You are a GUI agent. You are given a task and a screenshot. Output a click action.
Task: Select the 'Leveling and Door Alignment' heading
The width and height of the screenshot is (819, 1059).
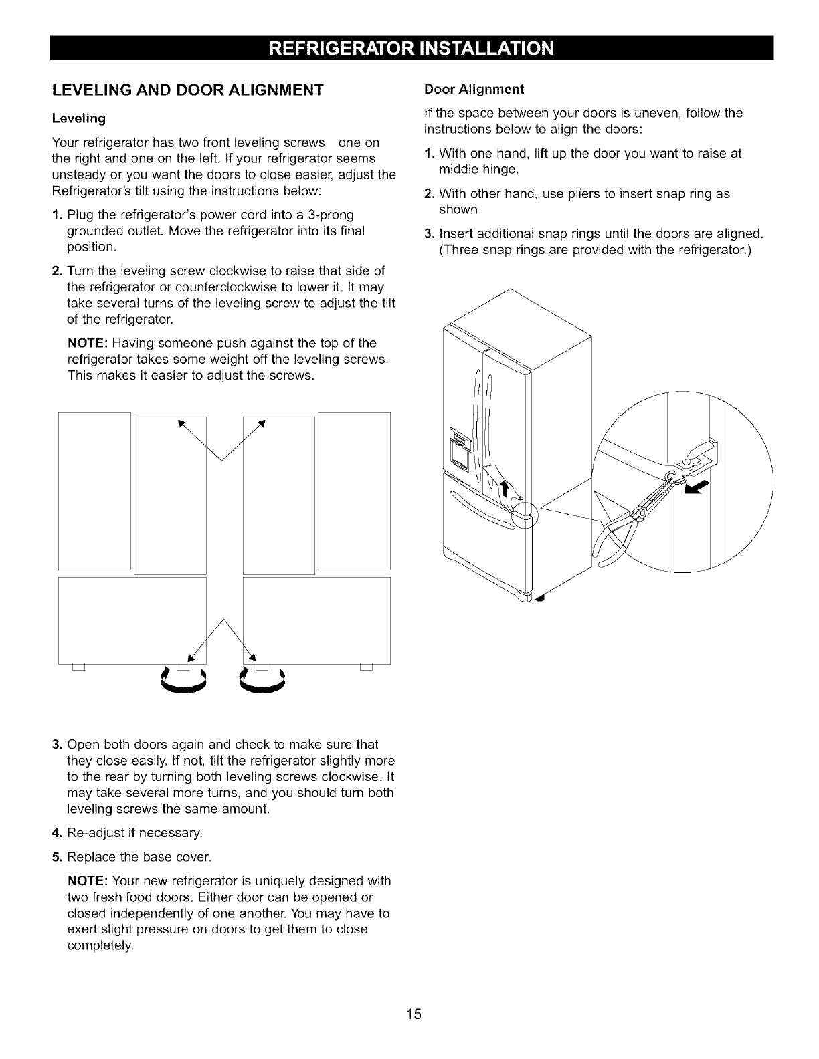(x=187, y=90)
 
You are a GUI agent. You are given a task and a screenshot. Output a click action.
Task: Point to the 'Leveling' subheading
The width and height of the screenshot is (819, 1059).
(x=79, y=118)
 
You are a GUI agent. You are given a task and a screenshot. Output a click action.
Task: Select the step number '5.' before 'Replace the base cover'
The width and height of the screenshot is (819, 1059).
(x=57, y=857)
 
